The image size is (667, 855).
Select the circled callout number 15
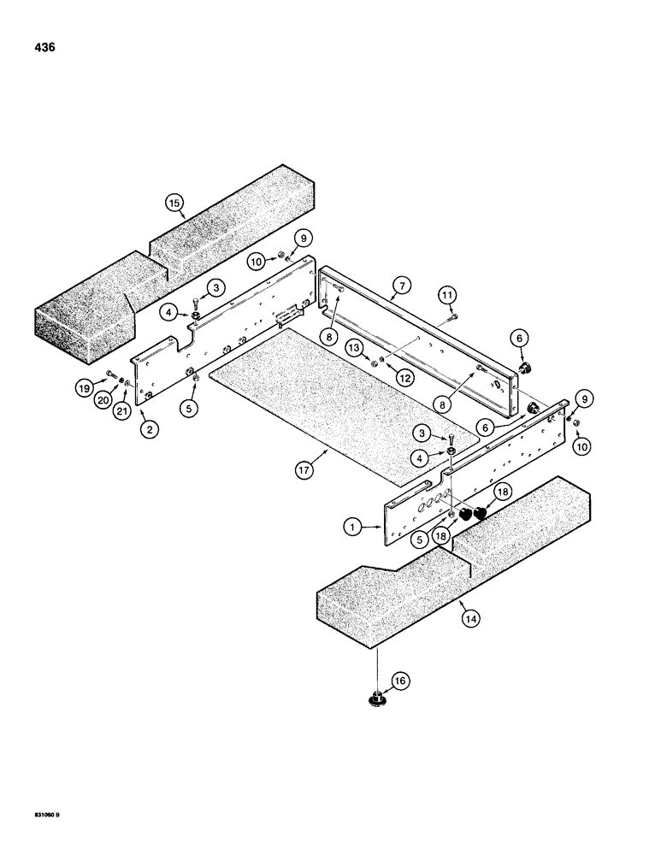[x=174, y=203]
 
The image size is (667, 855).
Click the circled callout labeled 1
[x=352, y=528]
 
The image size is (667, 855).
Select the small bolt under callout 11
[x=448, y=319]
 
